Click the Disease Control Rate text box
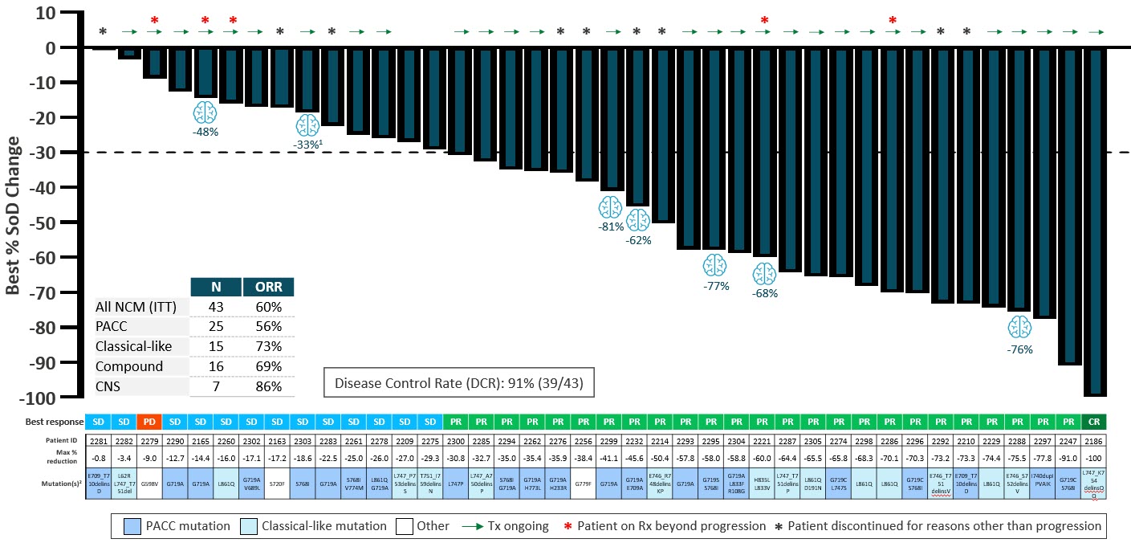point(458,384)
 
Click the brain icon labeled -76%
point(1019,327)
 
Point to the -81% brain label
point(611,227)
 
